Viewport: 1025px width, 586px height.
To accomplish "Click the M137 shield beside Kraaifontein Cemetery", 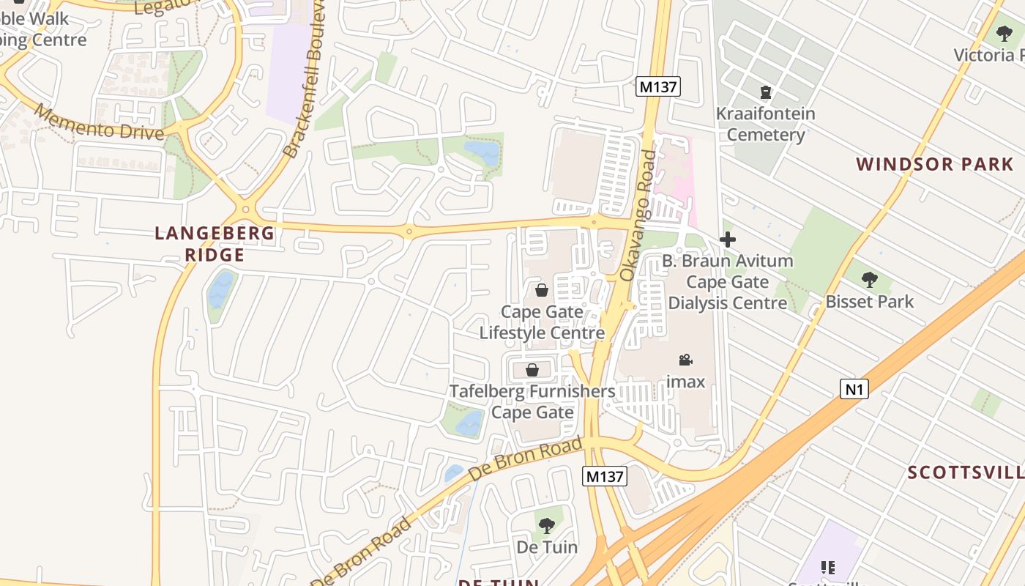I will [x=658, y=87].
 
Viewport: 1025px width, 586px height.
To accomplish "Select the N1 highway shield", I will [x=854, y=389].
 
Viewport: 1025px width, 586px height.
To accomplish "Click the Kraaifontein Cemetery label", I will [x=765, y=124].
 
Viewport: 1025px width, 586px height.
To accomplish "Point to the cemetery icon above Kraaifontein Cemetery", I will [x=765, y=92].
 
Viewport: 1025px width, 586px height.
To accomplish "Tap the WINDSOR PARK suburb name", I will [x=935, y=164].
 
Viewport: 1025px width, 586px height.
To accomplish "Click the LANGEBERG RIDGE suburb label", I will [x=215, y=244].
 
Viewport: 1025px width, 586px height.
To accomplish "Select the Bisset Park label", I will [x=869, y=302].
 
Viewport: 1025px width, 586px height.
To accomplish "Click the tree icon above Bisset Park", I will [x=869, y=279].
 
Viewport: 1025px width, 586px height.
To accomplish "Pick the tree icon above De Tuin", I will [x=547, y=525].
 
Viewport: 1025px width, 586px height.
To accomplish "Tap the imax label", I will [x=685, y=382].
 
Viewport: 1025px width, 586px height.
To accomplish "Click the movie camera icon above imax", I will [x=685, y=360].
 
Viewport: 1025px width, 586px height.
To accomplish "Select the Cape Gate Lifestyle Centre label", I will [x=542, y=322].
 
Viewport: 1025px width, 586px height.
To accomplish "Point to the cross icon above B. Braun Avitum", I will [x=728, y=240].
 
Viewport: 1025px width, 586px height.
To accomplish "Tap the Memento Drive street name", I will [x=98, y=123].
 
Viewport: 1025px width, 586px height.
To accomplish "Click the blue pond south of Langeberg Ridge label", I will [x=220, y=290].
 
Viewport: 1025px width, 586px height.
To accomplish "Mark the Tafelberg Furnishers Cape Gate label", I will [x=532, y=401].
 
